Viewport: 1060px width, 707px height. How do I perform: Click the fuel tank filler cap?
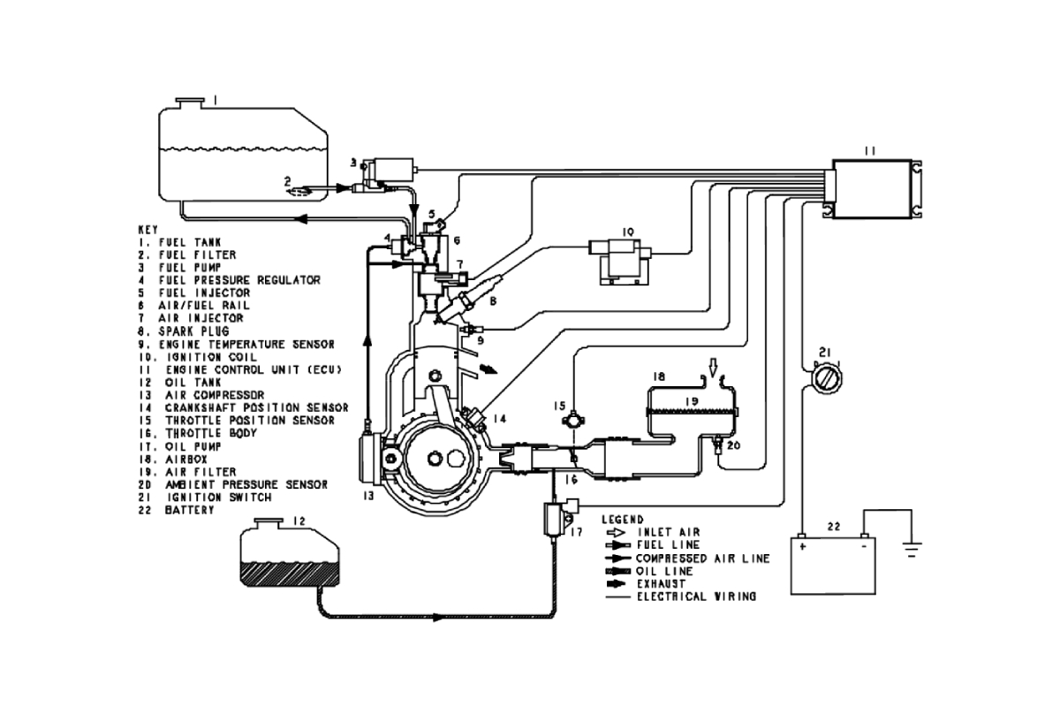[x=189, y=103]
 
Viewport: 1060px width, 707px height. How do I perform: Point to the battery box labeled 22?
[x=831, y=566]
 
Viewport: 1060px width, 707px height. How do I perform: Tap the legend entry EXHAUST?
[x=658, y=584]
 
